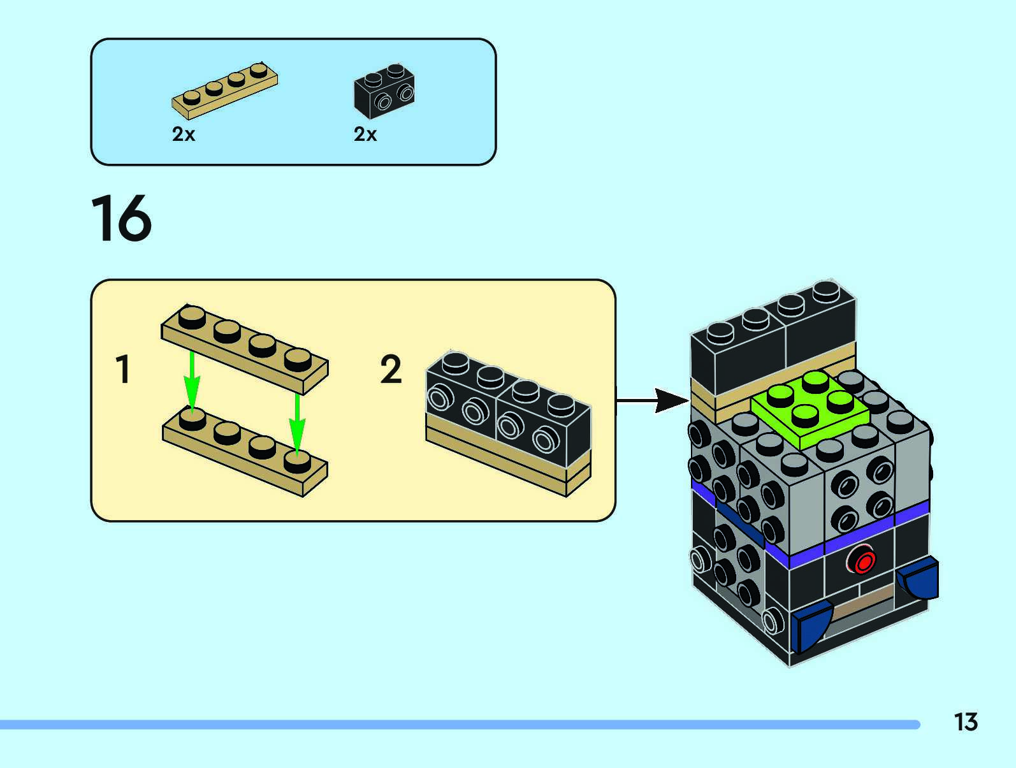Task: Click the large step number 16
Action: click(x=121, y=218)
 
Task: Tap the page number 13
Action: click(x=966, y=721)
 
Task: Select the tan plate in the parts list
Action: click(x=225, y=91)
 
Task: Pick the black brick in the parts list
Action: click(x=384, y=91)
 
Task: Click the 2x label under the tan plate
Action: click(x=184, y=134)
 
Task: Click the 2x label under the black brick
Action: click(x=365, y=134)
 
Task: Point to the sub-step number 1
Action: click(x=123, y=369)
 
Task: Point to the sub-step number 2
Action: click(x=391, y=369)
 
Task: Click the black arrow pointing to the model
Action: click(x=652, y=400)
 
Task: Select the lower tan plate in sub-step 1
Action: click(x=245, y=451)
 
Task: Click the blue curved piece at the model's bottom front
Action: click(x=812, y=625)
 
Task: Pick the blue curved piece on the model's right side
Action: click(x=917, y=577)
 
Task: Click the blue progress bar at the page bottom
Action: click(x=460, y=725)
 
